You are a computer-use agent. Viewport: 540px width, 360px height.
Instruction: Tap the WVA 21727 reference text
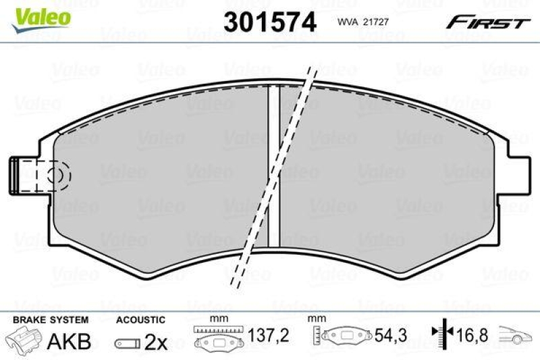coord(364,22)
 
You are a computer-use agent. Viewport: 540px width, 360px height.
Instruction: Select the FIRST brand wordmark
coord(487,22)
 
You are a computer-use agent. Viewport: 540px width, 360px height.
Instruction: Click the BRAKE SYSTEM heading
coord(51,319)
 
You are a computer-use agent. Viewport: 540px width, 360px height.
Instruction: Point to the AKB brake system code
coord(69,341)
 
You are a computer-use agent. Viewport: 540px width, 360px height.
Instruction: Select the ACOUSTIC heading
coord(140,319)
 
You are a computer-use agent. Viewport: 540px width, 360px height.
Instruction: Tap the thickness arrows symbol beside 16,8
coord(439,334)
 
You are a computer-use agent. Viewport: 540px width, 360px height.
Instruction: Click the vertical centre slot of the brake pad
coord(273,165)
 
